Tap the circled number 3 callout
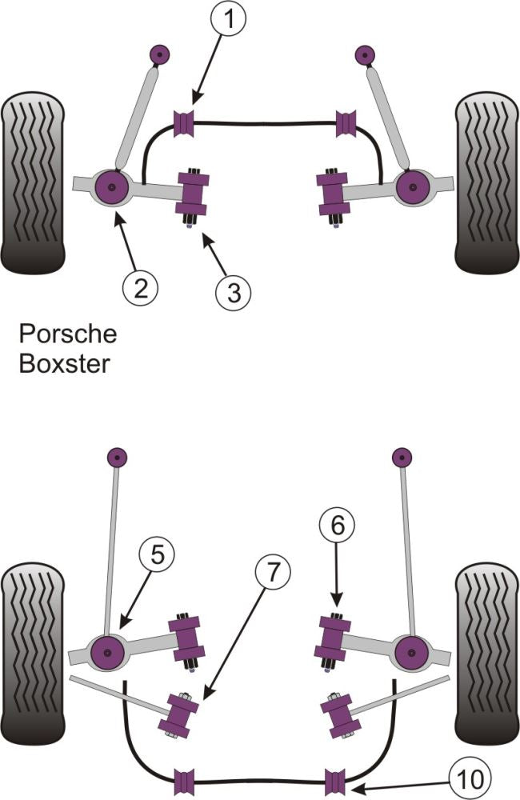[x=234, y=292]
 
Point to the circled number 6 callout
[x=335, y=526]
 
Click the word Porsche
[x=68, y=333]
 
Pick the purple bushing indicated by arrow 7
[x=180, y=714]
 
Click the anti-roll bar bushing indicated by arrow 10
[x=334, y=778]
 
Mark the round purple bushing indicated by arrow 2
[x=110, y=188]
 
